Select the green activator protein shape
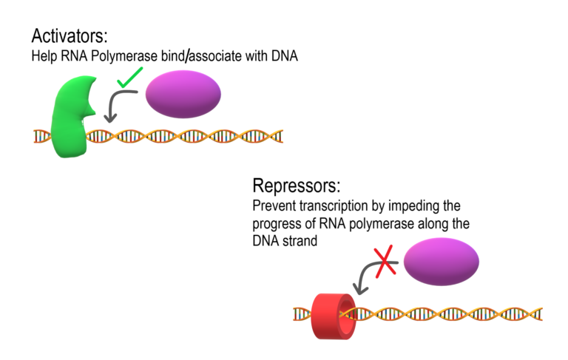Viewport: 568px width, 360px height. click(x=71, y=118)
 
